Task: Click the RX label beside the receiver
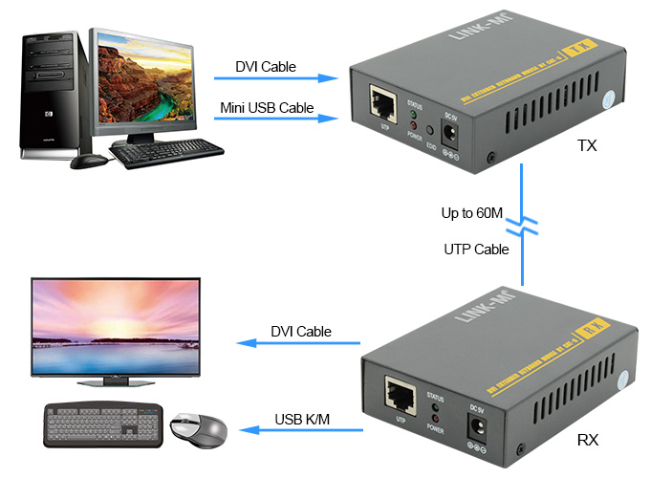click(x=588, y=443)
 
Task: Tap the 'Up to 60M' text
click(x=471, y=212)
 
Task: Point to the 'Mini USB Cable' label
click(x=267, y=107)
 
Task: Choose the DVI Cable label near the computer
click(x=266, y=67)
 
